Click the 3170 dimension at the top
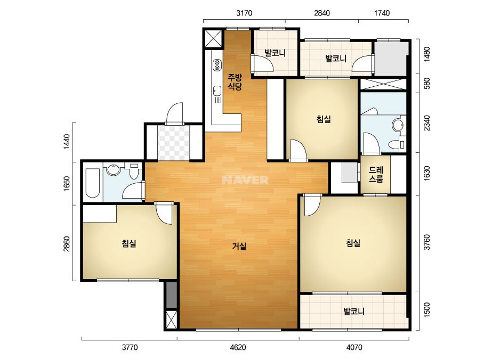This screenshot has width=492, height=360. click(244, 13)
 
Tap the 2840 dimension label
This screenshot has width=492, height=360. click(322, 13)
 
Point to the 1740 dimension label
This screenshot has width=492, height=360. click(382, 13)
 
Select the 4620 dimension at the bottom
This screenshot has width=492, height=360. click(238, 347)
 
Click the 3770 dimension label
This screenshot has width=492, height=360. click(130, 347)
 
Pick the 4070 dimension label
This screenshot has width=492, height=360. click(354, 347)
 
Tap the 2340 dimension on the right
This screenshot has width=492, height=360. click(427, 123)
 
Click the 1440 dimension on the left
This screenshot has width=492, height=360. click(67, 142)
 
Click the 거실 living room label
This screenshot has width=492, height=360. click(239, 247)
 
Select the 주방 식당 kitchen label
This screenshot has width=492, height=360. click(235, 81)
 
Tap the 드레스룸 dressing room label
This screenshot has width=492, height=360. click(376, 175)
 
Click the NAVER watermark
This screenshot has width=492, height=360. click(245, 180)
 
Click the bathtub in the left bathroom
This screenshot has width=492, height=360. click(92, 183)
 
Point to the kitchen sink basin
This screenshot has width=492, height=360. click(217, 91)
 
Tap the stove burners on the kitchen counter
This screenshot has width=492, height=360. click(217, 65)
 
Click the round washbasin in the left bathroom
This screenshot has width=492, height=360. click(113, 170)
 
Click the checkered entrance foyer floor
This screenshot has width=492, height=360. click(174, 143)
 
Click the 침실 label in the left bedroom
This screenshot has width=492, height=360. click(129, 243)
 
